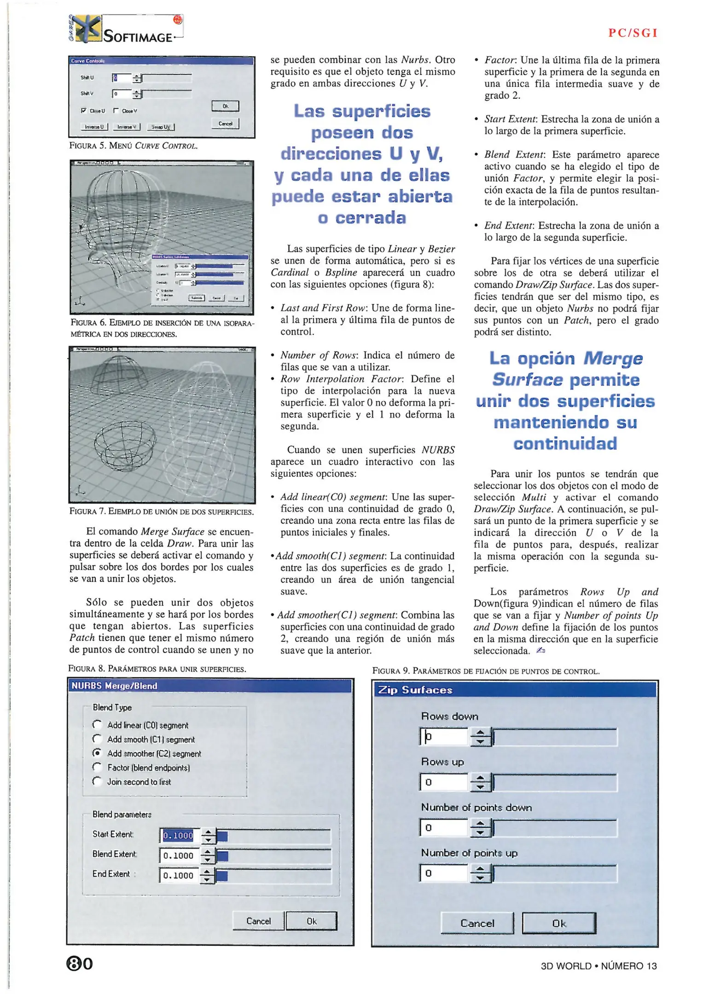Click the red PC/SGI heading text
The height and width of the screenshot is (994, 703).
(633, 33)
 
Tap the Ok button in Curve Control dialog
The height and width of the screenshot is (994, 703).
(225, 106)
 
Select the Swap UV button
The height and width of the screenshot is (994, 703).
(161, 127)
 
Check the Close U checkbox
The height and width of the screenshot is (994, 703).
(84, 110)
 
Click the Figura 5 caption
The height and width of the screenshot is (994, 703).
(134, 146)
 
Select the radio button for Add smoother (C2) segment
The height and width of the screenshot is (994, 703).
(97, 753)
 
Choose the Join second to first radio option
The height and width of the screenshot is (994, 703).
(97, 781)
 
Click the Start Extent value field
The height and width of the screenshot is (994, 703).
(179, 835)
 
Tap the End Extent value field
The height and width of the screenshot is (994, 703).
(179, 875)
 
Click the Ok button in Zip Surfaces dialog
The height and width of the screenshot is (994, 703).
(558, 923)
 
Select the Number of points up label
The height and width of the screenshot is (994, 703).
(469, 853)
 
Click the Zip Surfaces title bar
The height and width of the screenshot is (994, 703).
(515, 690)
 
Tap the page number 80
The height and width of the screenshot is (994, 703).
(80, 964)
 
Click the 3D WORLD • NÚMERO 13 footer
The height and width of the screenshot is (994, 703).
(598, 966)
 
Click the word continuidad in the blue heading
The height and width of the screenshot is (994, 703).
(565, 444)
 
